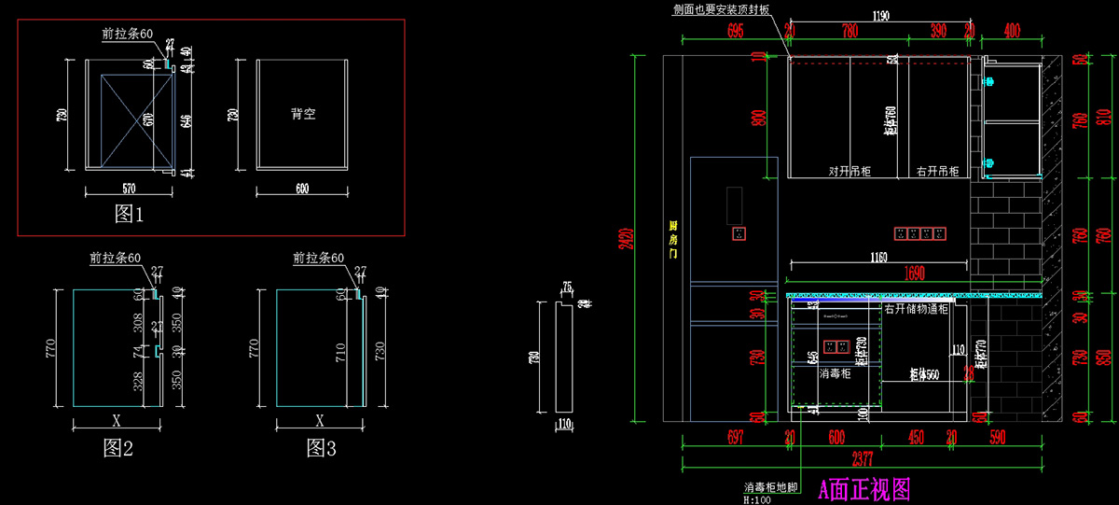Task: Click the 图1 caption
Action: click(x=129, y=215)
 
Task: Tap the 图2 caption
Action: click(x=118, y=448)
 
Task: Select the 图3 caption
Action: click(x=321, y=448)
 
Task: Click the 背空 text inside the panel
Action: click(x=303, y=115)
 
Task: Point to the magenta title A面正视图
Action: click(x=863, y=488)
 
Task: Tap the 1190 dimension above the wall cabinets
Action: click(x=879, y=16)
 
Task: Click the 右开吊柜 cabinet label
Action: click(x=937, y=172)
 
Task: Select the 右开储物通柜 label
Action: click(x=916, y=309)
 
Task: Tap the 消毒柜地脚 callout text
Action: click(x=770, y=487)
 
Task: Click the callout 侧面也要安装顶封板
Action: click(x=721, y=8)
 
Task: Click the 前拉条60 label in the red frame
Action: click(x=128, y=34)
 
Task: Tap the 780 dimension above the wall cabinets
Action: click(x=850, y=31)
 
